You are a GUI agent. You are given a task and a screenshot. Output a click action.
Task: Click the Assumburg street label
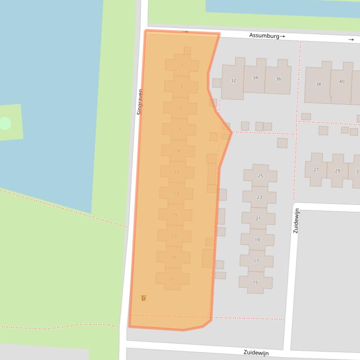264,36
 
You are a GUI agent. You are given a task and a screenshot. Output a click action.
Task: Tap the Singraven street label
140,102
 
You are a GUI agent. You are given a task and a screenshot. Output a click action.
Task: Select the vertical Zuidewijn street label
296,221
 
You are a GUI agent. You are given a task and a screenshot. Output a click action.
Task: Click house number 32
233,80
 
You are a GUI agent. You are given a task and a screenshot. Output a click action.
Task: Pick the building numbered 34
255,78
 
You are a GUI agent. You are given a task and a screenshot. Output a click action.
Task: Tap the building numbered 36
278,79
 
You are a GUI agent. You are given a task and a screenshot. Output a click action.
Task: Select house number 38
318,85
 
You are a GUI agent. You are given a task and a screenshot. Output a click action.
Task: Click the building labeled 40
342,81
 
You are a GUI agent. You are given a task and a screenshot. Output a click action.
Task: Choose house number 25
260,176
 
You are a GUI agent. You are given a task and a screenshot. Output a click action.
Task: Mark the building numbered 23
259,197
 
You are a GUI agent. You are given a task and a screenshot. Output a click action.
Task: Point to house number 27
316,170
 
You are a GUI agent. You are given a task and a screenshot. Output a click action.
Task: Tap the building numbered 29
338,171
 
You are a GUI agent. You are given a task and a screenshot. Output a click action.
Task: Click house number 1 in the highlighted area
182,65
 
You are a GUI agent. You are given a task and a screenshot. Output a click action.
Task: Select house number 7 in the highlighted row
179,130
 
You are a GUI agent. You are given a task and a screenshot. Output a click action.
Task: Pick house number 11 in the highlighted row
176,172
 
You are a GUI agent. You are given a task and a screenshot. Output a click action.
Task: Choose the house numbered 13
176,194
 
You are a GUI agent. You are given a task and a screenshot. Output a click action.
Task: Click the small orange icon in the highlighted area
143,298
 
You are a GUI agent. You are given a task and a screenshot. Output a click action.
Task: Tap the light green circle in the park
5,123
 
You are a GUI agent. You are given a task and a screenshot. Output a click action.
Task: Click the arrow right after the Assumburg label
282,36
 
